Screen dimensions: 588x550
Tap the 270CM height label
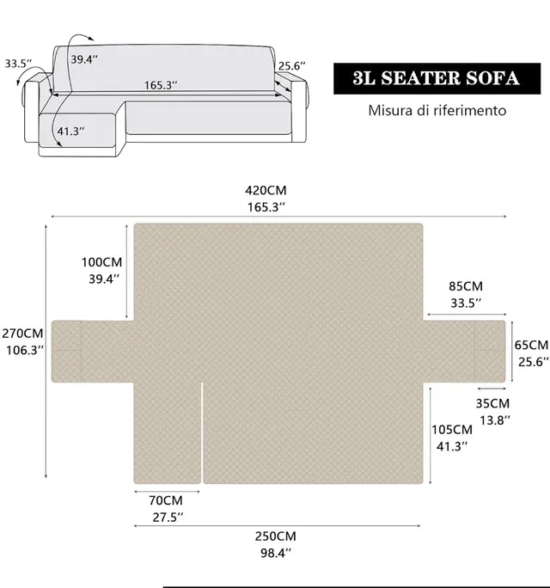click(x=21, y=333)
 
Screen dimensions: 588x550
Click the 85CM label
click(x=465, y=285)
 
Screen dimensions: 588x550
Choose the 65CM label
click(x=532, y=344)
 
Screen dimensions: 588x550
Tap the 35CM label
click(x=492, y=402)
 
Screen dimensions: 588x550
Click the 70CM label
click(x=165, y=499)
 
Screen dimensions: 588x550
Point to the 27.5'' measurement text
click(x=165, y=517)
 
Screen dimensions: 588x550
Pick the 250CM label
click(x=276, y=535)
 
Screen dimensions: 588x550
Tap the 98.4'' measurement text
click(x=276, y=552)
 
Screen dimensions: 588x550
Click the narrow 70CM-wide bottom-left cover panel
click(x=167, y=432)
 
